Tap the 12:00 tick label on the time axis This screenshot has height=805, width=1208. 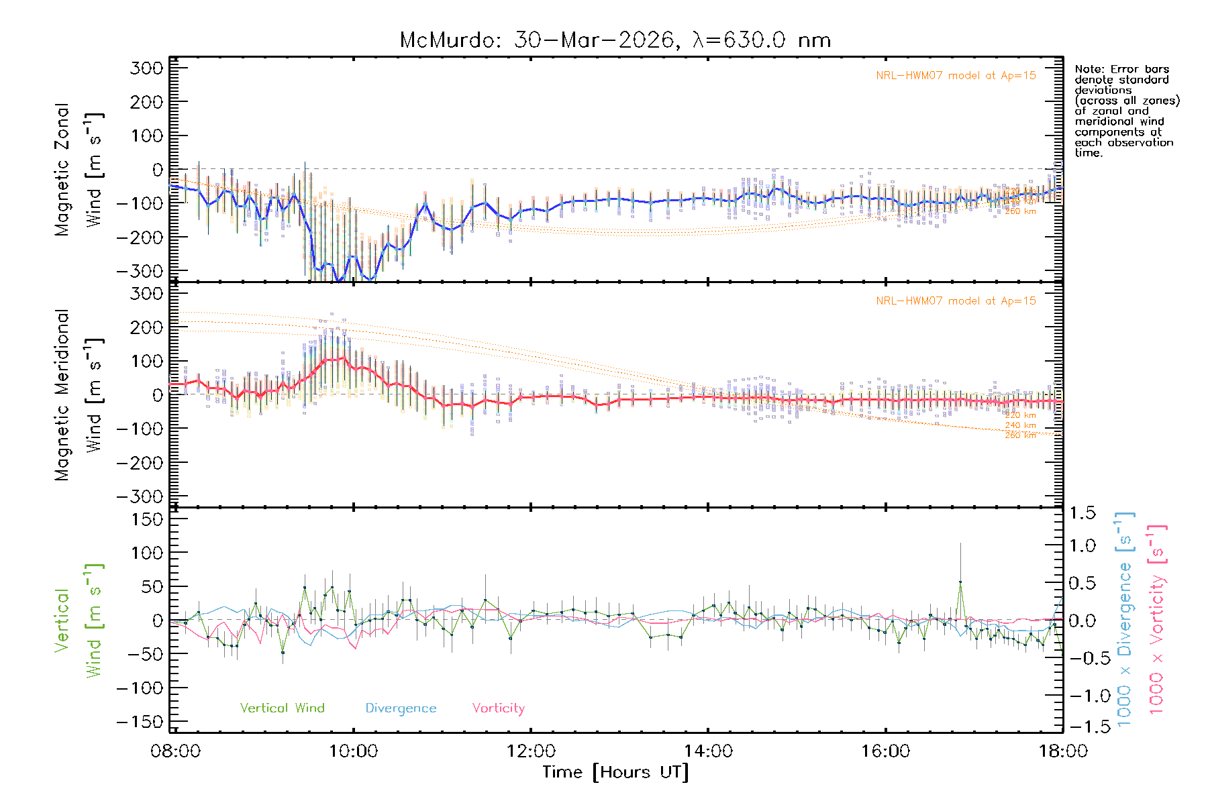pos(531,751)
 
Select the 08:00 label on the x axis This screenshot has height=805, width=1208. pos(176,751)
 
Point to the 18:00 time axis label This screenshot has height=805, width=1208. pos(1063,751)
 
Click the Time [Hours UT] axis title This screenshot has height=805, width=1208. pos(615,772)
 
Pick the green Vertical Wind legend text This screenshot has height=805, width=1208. pos(282,708)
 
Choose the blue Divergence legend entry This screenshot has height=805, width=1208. pos(401,708)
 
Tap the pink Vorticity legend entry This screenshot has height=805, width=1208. pos(498,708)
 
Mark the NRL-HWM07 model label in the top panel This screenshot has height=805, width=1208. pos(956,76)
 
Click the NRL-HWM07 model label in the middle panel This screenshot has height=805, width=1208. pos(956,301)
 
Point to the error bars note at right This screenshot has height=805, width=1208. pos(1126,111)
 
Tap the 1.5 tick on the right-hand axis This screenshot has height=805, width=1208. pos(1082,513)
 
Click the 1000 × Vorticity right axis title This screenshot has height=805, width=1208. pos(1157,619)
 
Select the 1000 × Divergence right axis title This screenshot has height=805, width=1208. pos(1125,619)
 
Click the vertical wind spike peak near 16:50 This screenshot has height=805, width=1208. pos(960,582)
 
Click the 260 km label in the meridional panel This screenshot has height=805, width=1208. pos(1020,435)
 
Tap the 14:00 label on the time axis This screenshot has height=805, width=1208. pos(709,751)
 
